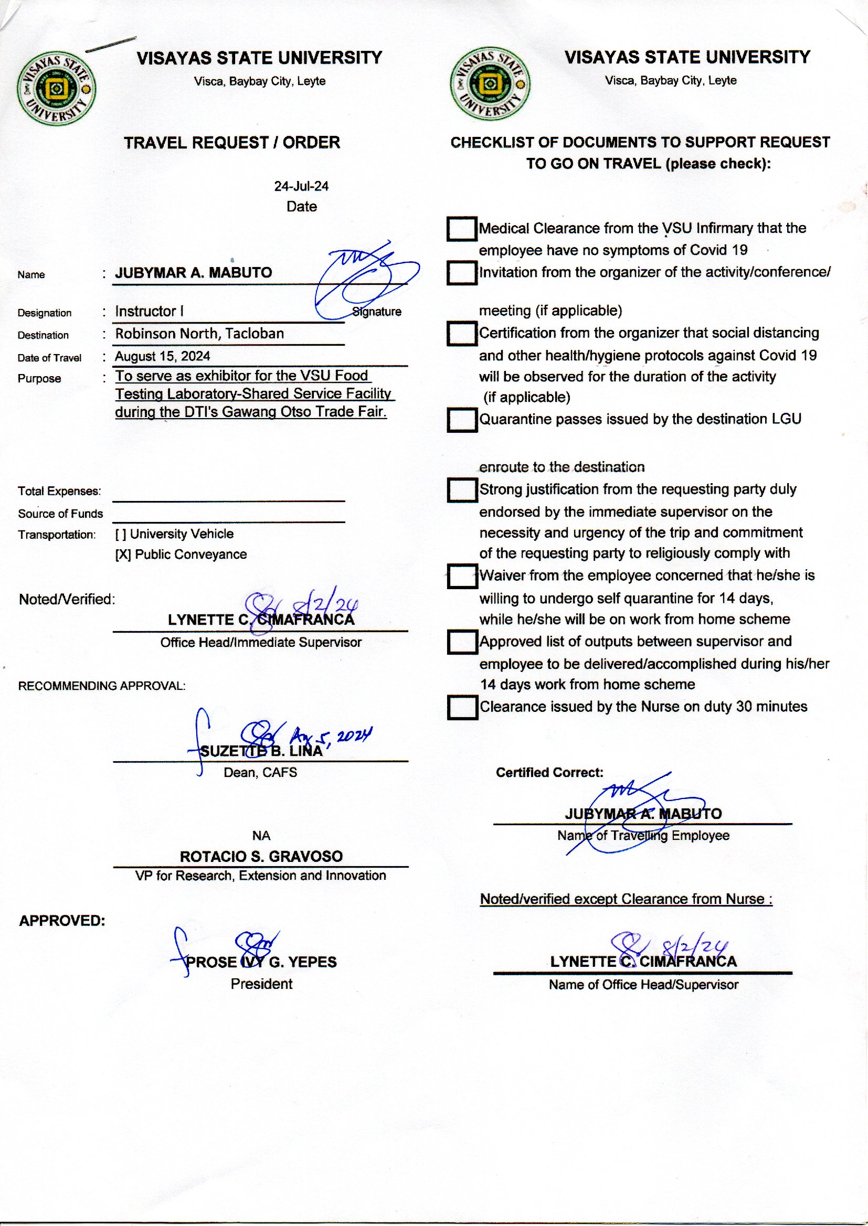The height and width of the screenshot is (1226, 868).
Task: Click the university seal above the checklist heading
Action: [490, 84]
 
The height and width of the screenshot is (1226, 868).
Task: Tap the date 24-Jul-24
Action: [301, 186]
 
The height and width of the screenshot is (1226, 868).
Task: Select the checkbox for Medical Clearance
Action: [461, 229]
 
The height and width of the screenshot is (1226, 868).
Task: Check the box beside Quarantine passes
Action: [461, 419]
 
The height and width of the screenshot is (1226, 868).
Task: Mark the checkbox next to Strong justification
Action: [461, 490]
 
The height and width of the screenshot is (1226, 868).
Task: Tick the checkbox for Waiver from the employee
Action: [461, 577]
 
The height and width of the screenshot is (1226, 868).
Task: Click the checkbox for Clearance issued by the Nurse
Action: [461, 707]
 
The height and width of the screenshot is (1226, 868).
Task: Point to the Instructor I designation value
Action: [149, 312]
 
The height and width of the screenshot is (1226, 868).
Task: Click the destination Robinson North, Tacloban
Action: [199, 334]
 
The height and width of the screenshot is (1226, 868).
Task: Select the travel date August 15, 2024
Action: [163, 356]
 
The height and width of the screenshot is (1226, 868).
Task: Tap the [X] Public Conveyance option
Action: [181, 555]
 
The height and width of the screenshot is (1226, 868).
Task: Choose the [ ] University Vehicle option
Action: [174, 534]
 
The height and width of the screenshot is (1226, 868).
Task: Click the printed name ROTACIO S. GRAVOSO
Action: [261, 856]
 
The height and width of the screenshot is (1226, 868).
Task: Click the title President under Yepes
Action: [261, 984]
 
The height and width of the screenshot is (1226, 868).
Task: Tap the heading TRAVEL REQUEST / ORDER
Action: [232, 143]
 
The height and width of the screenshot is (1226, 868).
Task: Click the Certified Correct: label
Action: [549, 772]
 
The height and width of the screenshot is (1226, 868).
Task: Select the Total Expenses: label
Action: [59, 491]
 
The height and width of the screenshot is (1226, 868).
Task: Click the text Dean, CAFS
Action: [260, 772]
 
